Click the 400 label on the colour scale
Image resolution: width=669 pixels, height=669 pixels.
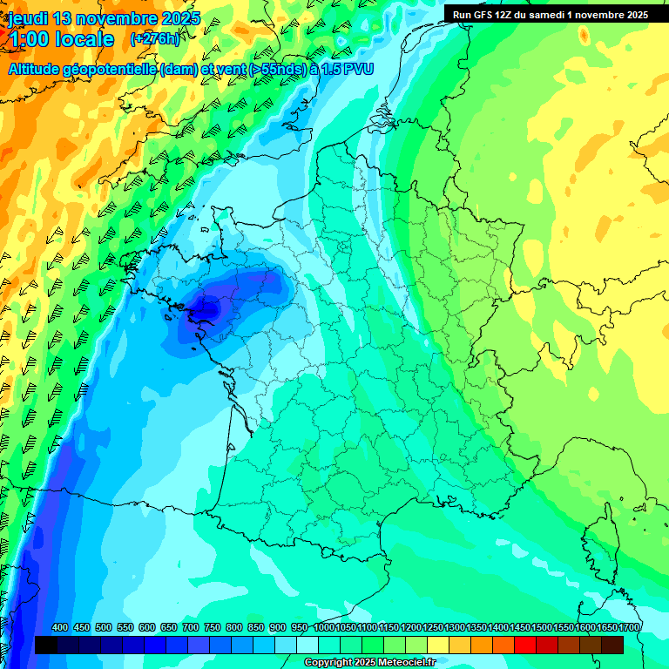[x=60, y=627]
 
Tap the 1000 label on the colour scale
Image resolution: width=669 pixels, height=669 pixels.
[x=324, y=627]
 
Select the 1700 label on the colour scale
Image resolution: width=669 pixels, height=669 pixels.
[x=629, y=627]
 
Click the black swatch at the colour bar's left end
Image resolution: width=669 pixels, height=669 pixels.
[x=46, y=645]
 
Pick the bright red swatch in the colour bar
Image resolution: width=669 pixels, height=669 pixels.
[x=525, y=645]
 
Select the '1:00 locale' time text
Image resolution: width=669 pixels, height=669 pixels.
[x=61, y=39]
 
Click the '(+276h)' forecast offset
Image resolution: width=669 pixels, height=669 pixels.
[x=154, y=39]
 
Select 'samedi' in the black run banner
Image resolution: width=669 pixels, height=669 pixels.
[x=557, y=15]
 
